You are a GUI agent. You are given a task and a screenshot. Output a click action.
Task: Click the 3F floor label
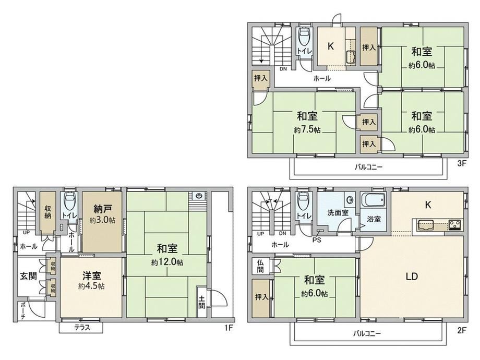pyautogui.click(x=461, y=163)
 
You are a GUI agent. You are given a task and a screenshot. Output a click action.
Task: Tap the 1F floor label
pyautogui.click(x=229, y=328)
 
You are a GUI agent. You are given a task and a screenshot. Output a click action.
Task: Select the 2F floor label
pyautogui.click(x=461, y=330)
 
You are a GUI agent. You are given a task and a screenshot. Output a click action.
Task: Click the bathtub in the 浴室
pyautogui.click(x=373, y=200)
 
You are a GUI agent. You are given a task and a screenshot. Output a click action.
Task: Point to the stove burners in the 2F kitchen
pyautogui.click(x=455, y=225)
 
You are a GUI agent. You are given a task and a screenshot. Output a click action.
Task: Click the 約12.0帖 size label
pyautogui.click(x=167, y=262)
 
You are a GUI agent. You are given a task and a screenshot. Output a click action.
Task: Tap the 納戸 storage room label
pyautogui.click(x=102, y=209)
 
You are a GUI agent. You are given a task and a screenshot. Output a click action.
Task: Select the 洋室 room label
pyautogui.click(x=91, y=275)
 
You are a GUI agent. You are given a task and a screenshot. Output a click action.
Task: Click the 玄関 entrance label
pyautogui.click(x=29, y=276)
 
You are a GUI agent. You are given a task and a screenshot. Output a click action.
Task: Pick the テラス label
pyautogui.click(x=82, y=328)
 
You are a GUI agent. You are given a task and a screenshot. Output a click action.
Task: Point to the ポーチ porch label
pyautogui.click(x=23, y=311)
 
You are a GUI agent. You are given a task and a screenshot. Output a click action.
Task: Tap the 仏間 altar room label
pyautogui.click(x=260, y=266)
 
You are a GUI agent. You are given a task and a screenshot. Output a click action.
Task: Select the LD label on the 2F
pyautogui.click(x=412, y=277)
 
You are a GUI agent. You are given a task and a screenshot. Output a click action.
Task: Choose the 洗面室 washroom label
pyautogui.click(x=338, y=212)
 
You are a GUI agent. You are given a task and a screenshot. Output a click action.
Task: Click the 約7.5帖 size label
pyautogui.click(x=307, y=130)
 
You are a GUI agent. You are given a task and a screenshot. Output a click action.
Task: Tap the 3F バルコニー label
pyautogui.click(x=368, y=167)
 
